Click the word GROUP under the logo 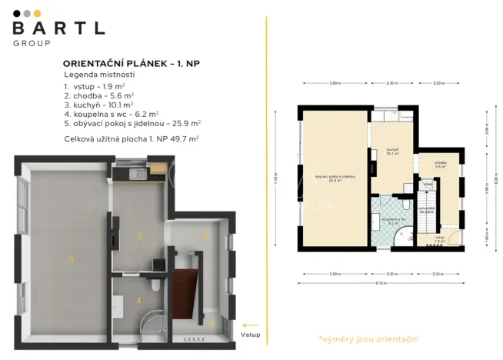[x=32, y=43]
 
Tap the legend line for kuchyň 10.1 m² [x=99, y=102]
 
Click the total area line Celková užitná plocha [x=132, y=138]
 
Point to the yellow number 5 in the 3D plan [x=71, y=258]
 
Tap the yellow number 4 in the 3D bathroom [x=138, y=300]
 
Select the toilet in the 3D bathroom [x=157, y=285]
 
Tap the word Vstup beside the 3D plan [x=250, y=335]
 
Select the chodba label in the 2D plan [x=440, y=163]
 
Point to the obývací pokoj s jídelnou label [x=335, y=178]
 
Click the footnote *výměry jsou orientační [x=368, y=338]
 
